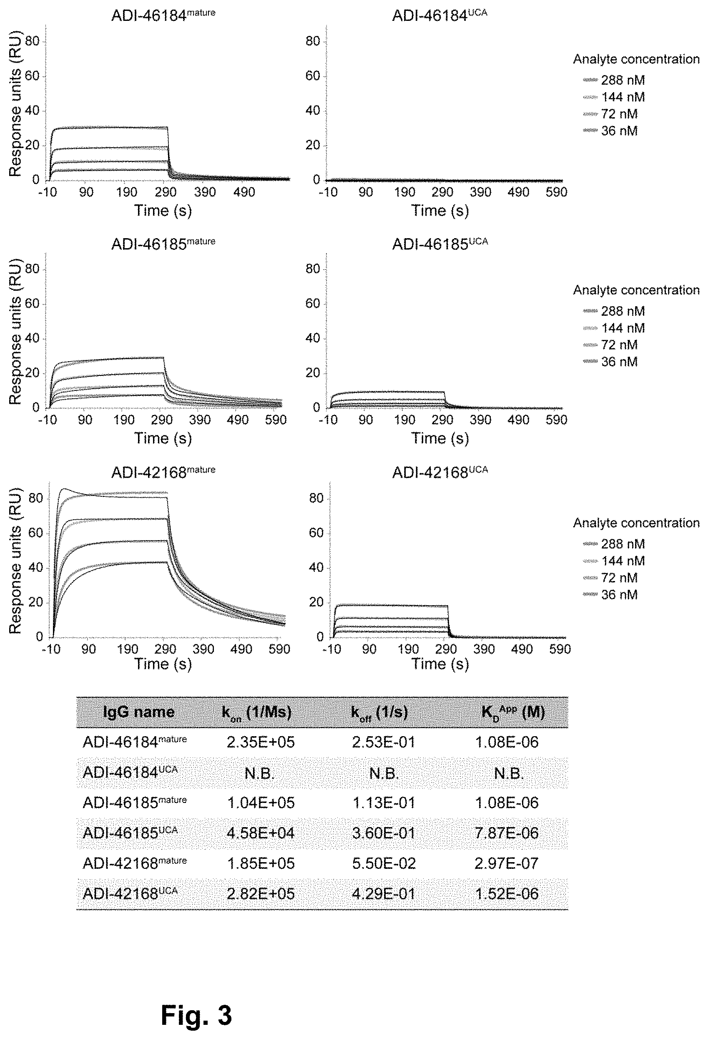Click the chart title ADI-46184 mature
click(163, 16)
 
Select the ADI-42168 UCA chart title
click(440, 473)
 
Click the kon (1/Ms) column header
click(256, 712)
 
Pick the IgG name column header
click(138, 712)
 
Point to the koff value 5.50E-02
click(384, 863)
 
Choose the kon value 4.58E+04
click(261, 833)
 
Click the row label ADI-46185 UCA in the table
click(130, 833)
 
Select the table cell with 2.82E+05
click(261, 894)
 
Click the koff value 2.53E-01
click(384, 742)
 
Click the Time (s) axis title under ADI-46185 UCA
click(440, 438)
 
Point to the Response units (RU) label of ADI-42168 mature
click(16, 562)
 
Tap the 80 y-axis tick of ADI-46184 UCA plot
click(313, 42)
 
